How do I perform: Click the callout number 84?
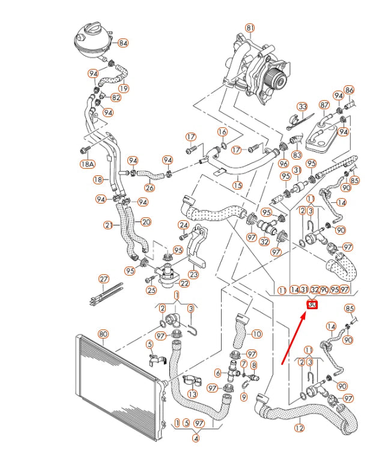(x=123, y=43)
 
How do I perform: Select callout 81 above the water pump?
(x=250, y=28)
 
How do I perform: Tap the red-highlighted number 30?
(x=312, y=304)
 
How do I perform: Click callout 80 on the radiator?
(x=103, y=333)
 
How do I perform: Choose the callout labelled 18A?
(x=88, y=164)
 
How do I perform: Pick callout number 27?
(x=104, y=279)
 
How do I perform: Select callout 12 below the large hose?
(x=299, y=429)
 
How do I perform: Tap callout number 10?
(x=256, y=334)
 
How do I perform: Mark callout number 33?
(x=303, y=107)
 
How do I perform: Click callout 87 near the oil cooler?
(x=324, y=104)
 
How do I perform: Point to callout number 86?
(x=349, y=90)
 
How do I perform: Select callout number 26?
(x=149, y=187)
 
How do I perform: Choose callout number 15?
(x=238, y=185)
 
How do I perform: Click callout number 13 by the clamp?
(x=192, y=394)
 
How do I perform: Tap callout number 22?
(x=184, y=283)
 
